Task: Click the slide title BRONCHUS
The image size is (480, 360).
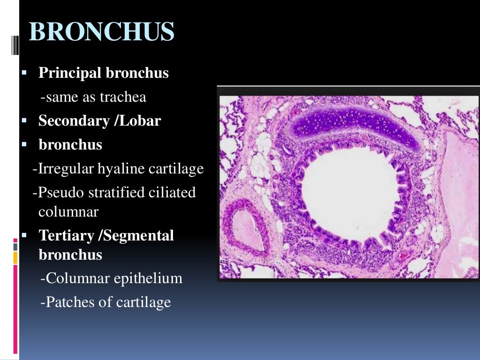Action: coord(101,32)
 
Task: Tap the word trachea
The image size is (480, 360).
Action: coord(127,97)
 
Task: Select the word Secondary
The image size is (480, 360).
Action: coord(74,121)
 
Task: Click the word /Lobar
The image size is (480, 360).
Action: coord(138,121)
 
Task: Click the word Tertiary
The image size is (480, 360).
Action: coord(67,235)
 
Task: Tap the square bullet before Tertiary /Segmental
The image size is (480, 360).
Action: coord(25,235)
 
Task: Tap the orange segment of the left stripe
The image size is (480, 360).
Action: coord(15,257)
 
